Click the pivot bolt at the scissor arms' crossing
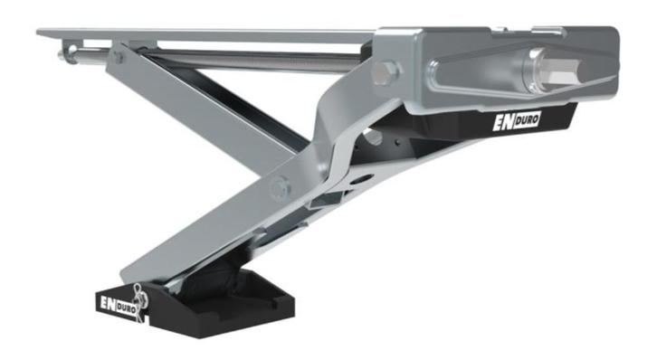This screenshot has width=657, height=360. (x=278, y=187)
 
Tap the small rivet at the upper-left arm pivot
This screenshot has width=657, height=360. (x=118, y=57)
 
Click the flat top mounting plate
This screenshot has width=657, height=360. (x=208, y=35)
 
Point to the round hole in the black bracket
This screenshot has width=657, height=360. (x=371, y=137)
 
